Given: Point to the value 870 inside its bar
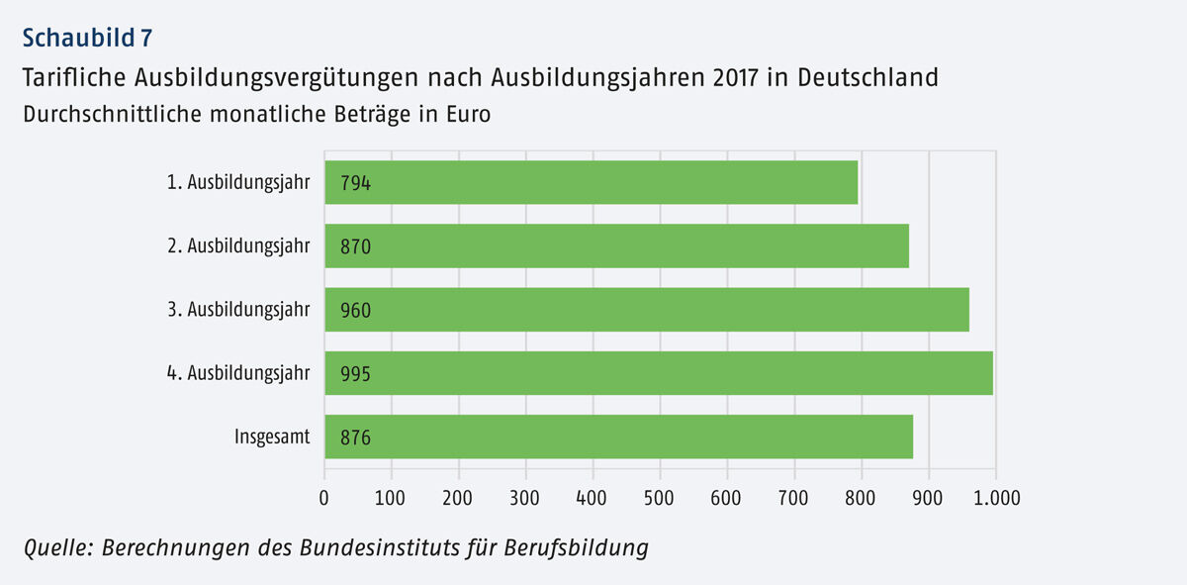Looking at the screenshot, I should (355, 246).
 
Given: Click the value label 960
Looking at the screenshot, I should (355, 311).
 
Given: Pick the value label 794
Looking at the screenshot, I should (355, 183).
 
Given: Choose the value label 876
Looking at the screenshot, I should (355, 438).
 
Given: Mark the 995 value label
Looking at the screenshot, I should (355, 374).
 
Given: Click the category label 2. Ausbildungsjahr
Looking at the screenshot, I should (248, 246).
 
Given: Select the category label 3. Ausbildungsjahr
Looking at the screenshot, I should (248, 310).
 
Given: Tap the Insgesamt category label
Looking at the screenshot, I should (272, 437).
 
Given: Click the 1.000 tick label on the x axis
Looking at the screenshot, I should (995, 496).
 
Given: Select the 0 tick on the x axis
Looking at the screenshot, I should (324, 496).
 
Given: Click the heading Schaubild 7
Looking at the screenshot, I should (87, 39).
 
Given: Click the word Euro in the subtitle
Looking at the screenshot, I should (466, 114).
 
